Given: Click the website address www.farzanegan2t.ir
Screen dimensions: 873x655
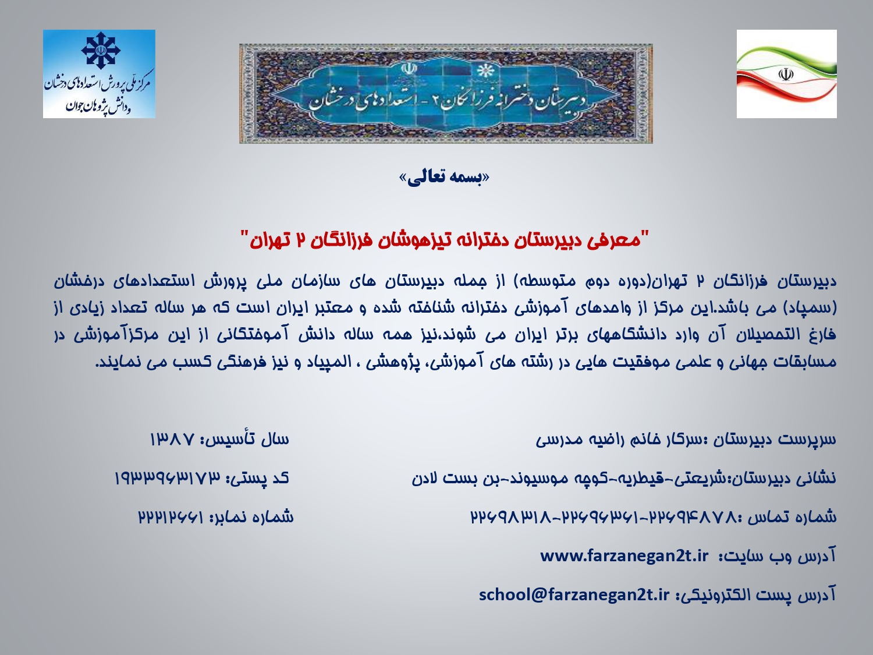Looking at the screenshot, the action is (624, 556).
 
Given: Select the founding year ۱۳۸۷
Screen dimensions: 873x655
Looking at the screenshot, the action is (172, 440).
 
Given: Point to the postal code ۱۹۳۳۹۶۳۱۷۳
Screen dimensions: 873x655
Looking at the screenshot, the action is (167, 478).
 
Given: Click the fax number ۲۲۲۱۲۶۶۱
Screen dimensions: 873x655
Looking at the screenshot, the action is (171, 517).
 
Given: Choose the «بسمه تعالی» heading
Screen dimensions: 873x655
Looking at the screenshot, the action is (444, 178).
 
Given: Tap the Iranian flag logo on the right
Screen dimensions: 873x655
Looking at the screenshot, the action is (787, 74).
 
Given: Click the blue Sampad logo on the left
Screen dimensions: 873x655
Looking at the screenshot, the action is (99, 74).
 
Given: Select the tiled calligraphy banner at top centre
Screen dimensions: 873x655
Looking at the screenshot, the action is (446, 94).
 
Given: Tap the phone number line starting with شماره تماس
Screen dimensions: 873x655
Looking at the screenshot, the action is (654, 517).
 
